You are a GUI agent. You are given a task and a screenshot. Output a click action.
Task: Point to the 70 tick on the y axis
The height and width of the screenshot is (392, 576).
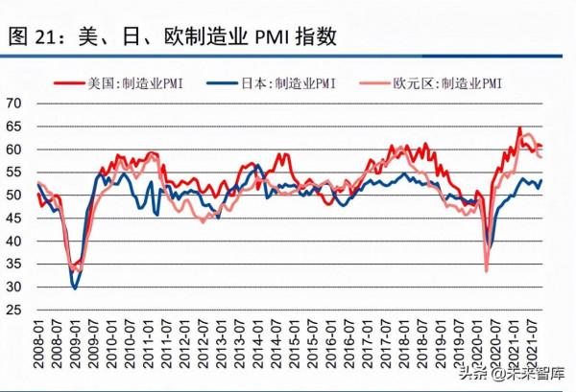(x=14, y=103)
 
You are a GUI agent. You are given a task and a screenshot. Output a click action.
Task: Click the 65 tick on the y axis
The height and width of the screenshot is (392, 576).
(x=14, y=126)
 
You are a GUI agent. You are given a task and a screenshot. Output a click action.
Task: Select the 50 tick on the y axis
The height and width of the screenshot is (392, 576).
(x=14, y=195)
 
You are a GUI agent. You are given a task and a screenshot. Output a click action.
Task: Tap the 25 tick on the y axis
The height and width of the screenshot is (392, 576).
(x=14, y=311)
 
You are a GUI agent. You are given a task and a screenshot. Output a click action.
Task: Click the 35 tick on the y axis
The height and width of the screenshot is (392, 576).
(x=14, y=265)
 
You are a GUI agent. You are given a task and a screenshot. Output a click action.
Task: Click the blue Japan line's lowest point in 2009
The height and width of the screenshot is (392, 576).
(x=75, y=287)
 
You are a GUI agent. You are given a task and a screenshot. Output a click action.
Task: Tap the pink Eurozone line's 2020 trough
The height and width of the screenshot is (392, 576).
(x=487, y=270)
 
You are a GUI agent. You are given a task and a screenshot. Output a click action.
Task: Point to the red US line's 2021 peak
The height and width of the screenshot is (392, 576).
(x=519, y=128)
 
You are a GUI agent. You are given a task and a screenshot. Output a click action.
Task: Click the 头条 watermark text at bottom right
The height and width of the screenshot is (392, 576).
(x=468, y=373)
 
